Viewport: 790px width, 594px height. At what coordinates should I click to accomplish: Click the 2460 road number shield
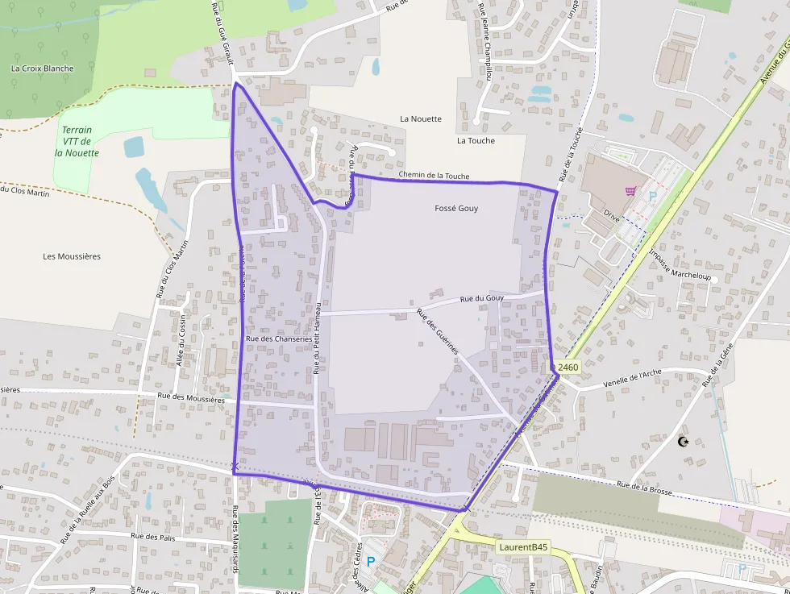[568, 368]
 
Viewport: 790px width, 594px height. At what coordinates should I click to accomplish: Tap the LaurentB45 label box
[523, 547]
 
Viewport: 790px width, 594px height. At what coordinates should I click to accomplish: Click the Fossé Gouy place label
[456, 208]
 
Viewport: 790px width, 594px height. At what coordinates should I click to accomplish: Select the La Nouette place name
[421, 118]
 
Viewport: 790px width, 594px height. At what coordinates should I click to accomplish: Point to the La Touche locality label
[476, 140]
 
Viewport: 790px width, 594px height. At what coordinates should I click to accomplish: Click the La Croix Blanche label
[42, 69]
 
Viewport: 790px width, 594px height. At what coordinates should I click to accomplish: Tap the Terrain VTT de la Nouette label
[77, 141]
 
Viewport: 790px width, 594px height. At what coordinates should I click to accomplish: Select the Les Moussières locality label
[72, 256]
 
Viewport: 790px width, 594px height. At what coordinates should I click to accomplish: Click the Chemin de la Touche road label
[434, 176]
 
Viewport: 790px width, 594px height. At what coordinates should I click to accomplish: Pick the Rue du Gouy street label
[482, 299]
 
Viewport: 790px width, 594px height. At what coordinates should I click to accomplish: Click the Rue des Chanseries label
[278, 339]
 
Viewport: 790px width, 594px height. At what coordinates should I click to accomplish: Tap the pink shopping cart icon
[630, 191]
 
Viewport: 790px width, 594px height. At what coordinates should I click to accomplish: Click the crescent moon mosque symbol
[684, 441]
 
